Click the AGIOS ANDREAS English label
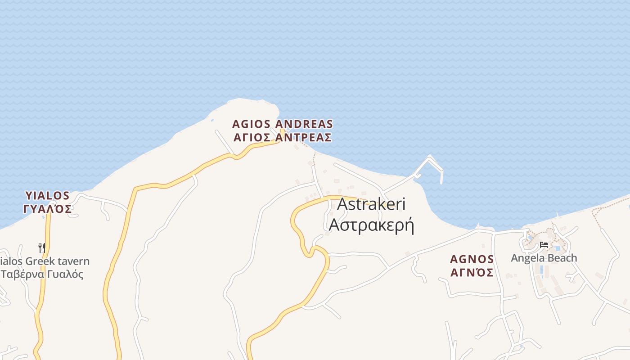pyautogui.click(x=283, y=124)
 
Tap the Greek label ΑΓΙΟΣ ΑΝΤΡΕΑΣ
pyautogui.click(x=283, y=137)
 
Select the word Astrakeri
pyautogui.click(x=371, y=204)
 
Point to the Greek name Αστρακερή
pyautogui.click(x=371, y=224)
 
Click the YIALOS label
pyautogui.click(x=47, y=196)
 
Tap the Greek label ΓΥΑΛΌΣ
pyautogui.click(x=47, y=208)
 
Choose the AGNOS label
pyautogui.click(x=472, y=260)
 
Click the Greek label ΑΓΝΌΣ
pyautogui.click(x=472, y=273)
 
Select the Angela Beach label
pyautogui.click(x=544, y=258)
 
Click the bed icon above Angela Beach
pyautogui.click(x=544, y=245)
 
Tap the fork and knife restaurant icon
pyautogui.click(x=41, y=247)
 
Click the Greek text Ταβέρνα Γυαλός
pyautogui.click(x=42, y=274)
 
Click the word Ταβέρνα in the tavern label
pyautogui.click(x=22, y=274)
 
